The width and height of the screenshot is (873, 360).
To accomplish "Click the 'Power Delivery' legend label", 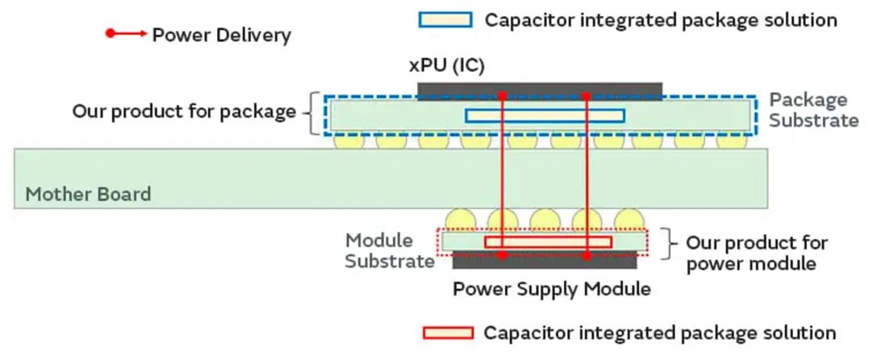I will [221, 35].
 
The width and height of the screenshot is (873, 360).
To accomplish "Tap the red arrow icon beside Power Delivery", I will [126, 34].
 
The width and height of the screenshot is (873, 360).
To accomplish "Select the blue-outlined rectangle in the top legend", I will [445, 19].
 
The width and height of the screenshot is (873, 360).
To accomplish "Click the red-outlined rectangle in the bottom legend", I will [449, 333].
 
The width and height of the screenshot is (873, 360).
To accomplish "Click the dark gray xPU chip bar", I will [539, 89].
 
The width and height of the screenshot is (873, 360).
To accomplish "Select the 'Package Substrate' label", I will [812, 111].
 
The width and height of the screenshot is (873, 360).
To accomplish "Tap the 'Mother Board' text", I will [88, 195].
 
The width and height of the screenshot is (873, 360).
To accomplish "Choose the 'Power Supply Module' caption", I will [551, 288].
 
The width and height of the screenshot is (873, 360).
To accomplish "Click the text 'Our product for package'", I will [184, 111].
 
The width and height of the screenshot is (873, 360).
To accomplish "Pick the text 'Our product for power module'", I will [756, 253].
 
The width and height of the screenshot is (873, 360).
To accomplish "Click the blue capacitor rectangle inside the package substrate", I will [545, 115].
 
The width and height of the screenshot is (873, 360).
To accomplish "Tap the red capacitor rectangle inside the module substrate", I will [548, 241].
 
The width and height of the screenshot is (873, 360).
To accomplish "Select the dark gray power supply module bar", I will [545, 260].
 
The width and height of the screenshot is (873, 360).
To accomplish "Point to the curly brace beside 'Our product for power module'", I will [667, 242].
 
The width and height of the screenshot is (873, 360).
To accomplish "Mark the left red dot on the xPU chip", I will [502, 95].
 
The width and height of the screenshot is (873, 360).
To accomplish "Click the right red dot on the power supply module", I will [587, 255].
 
